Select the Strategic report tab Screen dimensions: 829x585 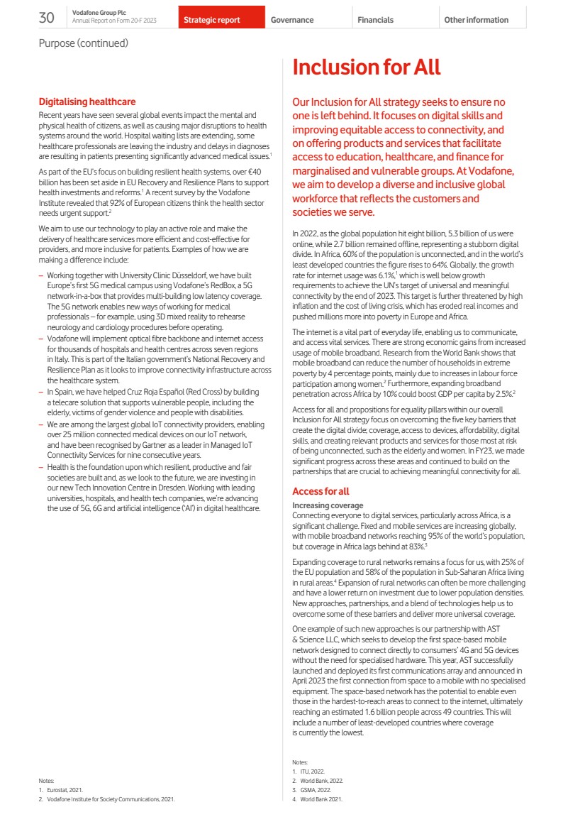pos(211,20)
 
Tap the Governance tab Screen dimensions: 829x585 pos(292,20)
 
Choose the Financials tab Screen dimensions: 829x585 pos(375,20)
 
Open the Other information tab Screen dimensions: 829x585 pos(476,20)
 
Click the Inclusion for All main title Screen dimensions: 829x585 pos(366,67)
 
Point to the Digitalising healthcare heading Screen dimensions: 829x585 pos(87,102)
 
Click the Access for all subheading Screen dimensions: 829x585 pos(321,491)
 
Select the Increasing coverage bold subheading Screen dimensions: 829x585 pos(328,505)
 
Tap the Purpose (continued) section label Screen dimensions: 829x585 pos(83,43)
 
